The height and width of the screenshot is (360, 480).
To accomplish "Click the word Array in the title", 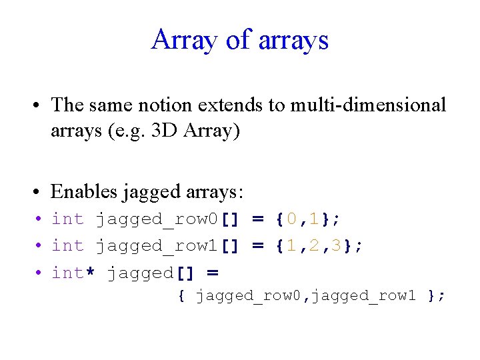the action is (x=183, y=39).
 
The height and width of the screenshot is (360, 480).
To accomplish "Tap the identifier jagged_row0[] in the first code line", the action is (x=167, y=219).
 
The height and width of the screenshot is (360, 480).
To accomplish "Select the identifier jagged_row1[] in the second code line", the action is (x=167, y=246).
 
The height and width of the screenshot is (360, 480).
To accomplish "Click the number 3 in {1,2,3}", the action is (x=337, y=245).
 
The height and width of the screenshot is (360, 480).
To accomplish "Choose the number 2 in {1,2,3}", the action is (x=314, y=245).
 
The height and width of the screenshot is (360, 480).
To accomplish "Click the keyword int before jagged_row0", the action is (x=68, y=218).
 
